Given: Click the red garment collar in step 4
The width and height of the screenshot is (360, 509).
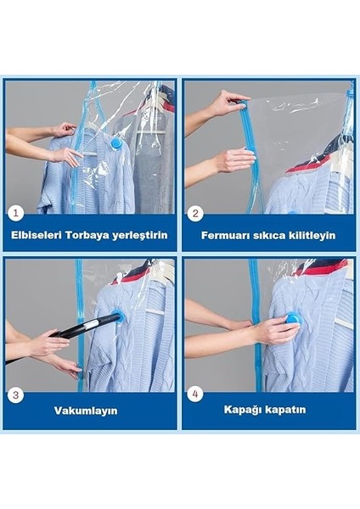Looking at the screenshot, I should coord(327,267).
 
